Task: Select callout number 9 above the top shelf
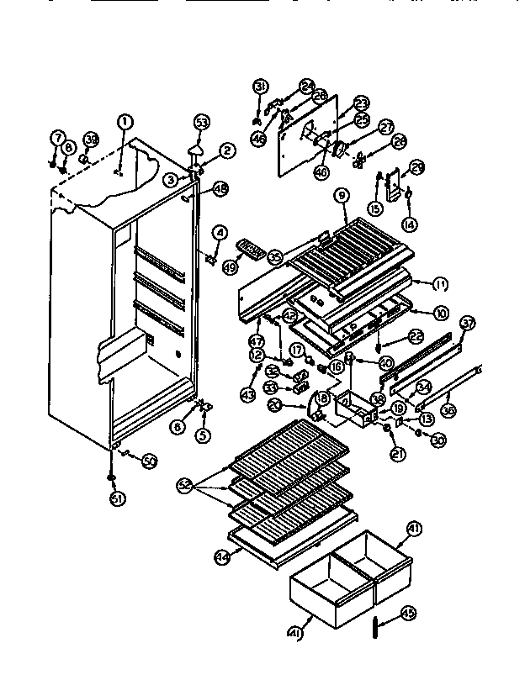(x=342, y=195)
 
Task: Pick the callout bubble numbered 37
(x=467, y=324)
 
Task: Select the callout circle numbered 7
(x=58, y=136)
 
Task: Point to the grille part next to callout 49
(x=250, y=248)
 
